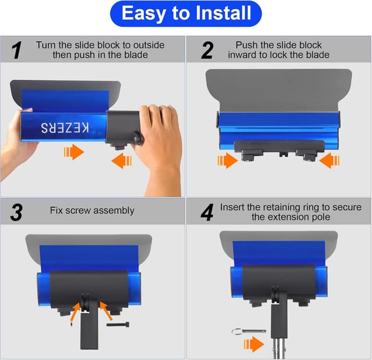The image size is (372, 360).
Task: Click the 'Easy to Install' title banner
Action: coord(185,13)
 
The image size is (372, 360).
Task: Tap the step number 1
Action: coord(17,51)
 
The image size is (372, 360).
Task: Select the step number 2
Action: coord(207,51)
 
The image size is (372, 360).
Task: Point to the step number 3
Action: coord(17,213)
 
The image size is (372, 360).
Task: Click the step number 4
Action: coord(207,213)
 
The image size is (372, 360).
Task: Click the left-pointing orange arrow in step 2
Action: coord(329,160)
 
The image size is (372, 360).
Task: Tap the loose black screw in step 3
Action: coord(118,324)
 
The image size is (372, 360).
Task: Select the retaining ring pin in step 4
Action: coord(248,331)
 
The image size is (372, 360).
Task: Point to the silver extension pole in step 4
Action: coord(280,348)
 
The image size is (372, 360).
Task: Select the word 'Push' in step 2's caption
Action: coord(247,45)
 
